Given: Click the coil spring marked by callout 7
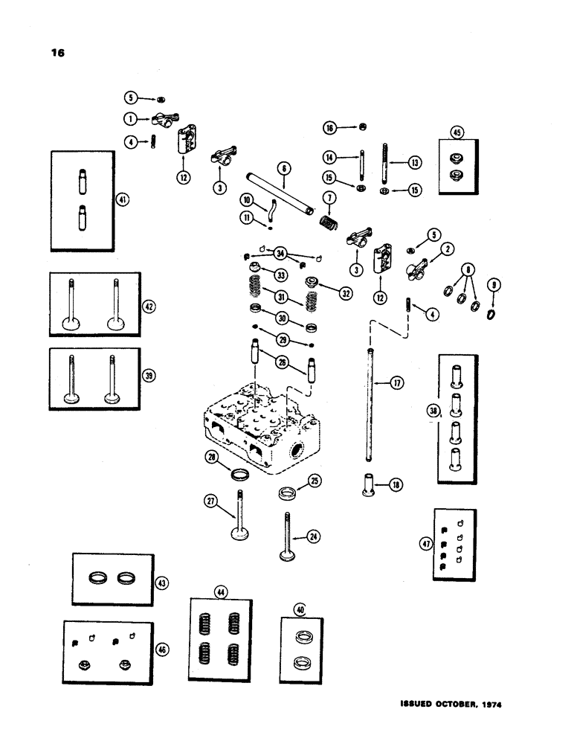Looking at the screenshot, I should (327, 221).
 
